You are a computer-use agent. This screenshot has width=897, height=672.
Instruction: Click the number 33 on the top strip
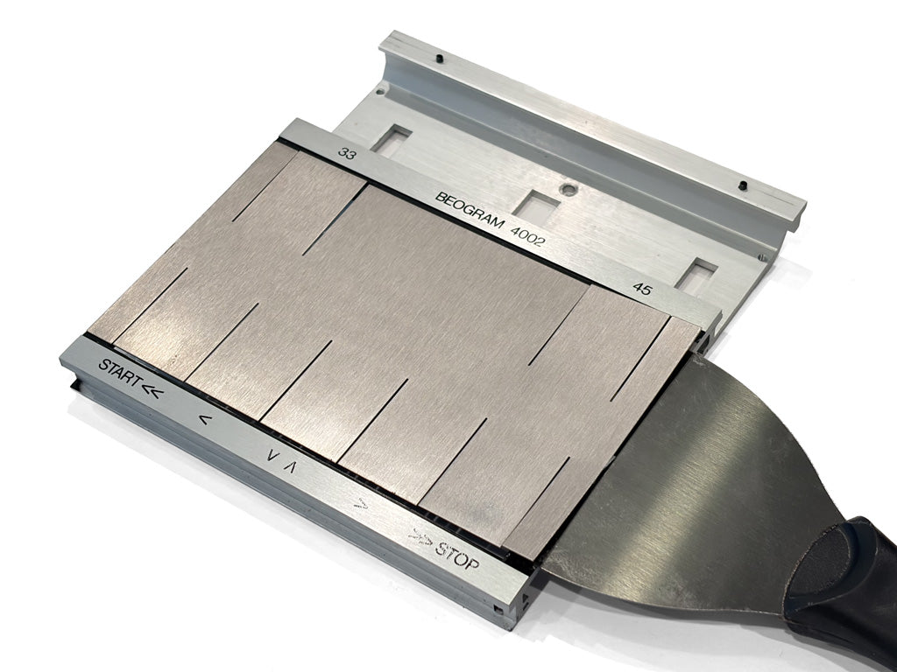pos(347,153)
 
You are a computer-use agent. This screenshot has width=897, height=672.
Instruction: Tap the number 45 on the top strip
pos(642,289)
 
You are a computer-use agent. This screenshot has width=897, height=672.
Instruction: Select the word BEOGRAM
pos(470,210)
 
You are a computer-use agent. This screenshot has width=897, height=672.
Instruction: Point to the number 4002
pos(526,236)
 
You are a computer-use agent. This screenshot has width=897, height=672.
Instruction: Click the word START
pos(120,372)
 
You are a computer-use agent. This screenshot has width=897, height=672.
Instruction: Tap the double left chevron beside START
pos(152,391)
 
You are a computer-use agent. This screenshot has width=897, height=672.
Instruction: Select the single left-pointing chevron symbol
pos(205,420)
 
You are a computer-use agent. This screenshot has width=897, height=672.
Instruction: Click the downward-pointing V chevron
pos(272,455)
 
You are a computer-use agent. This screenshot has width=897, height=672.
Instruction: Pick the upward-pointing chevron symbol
pos(289,466)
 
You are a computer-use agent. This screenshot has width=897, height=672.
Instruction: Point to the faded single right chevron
pos(361,503)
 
